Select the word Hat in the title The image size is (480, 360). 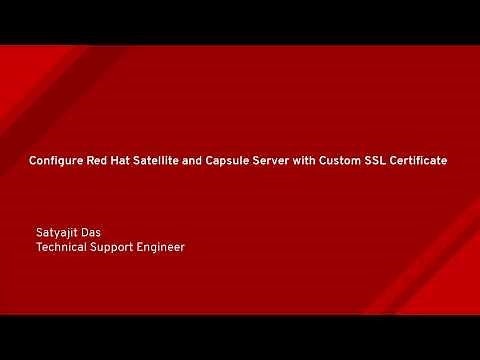click(x=127, y=160)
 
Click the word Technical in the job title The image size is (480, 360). click(x=62, y=246)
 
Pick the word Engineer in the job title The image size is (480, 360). click(x=163, y=246)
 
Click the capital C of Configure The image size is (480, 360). click(x=34, y=160)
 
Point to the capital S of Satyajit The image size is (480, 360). click(x=39, y=232)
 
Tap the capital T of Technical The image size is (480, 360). click(x=39, y=246)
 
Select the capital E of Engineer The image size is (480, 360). click(x=145, y=246)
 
